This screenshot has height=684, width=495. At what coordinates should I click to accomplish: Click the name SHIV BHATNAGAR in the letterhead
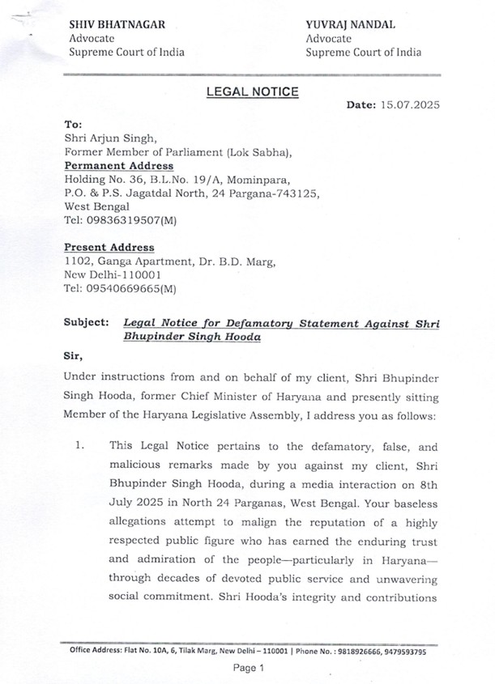(x=110, y=25)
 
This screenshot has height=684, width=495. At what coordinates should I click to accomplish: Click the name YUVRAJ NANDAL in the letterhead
(x=350, y=25)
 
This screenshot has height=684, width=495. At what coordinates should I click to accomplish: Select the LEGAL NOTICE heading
(x=252, y=92)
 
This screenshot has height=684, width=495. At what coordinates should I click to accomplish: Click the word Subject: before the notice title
(x=85, y=322)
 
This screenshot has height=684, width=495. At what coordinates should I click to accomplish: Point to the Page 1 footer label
(x=249, y=668)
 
